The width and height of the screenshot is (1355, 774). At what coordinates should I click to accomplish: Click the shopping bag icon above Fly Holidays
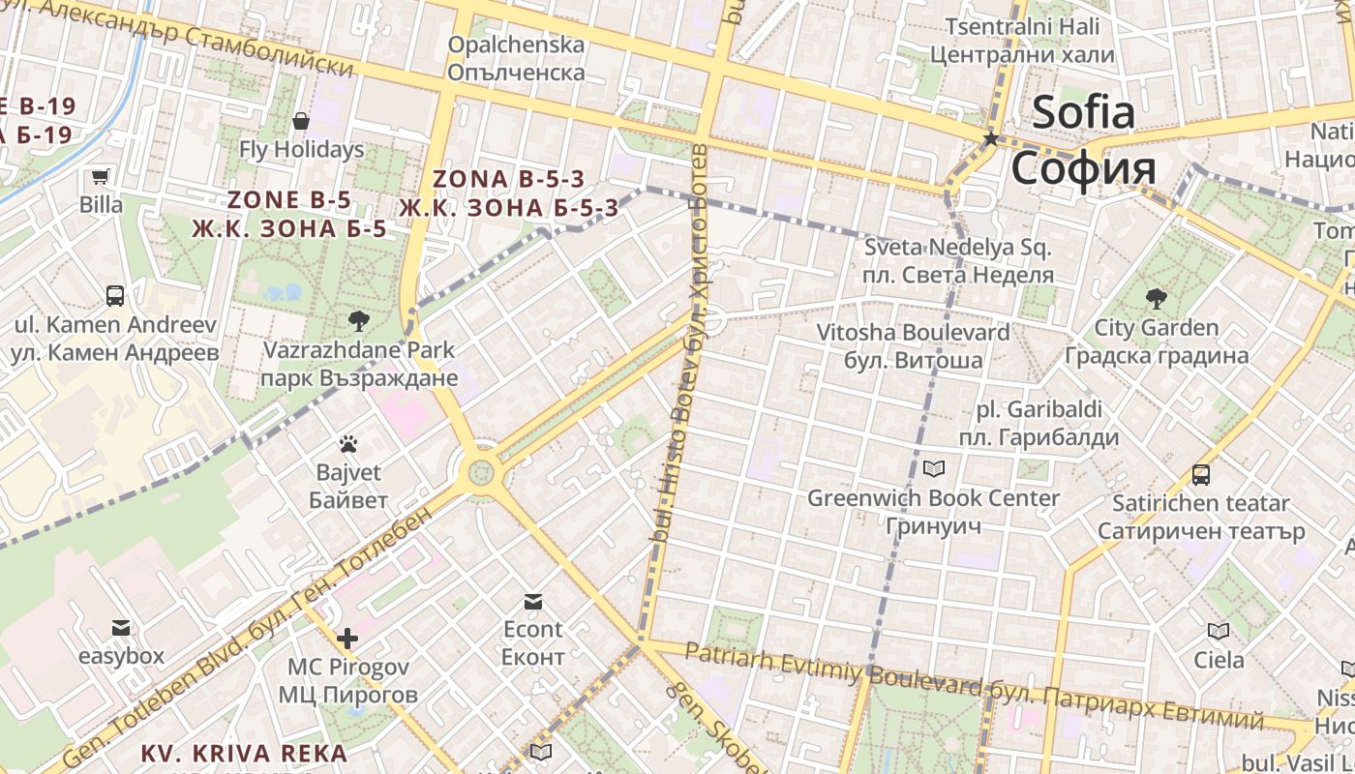(301, 121)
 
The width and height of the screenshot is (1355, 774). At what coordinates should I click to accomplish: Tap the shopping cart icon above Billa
(101, 176)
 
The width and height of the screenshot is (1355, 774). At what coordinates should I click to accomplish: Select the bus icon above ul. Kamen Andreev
(115, 295)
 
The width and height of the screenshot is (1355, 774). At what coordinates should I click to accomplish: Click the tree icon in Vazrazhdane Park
(358, 320)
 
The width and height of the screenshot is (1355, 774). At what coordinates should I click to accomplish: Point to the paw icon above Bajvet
(348, 444)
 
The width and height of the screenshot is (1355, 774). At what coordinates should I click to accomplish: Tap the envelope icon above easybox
(121, 628)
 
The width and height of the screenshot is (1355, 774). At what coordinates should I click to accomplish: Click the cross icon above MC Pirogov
(347, 639)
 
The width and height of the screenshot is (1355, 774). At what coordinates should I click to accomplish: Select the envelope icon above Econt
(532, 602)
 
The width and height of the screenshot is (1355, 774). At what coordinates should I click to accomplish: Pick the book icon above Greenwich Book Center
(934, 469)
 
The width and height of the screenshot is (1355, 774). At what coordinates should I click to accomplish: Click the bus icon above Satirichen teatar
(1201, 475)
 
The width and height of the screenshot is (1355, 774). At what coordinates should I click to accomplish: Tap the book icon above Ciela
(1219, 632)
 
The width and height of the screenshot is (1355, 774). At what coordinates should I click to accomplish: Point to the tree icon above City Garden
(1156, 298)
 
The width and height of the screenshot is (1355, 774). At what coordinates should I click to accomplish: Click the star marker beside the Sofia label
(990, 139)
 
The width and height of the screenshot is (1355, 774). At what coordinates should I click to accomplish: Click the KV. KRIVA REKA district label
(244, 753)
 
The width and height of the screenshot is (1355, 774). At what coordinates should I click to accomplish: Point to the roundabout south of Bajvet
(478, 473)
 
